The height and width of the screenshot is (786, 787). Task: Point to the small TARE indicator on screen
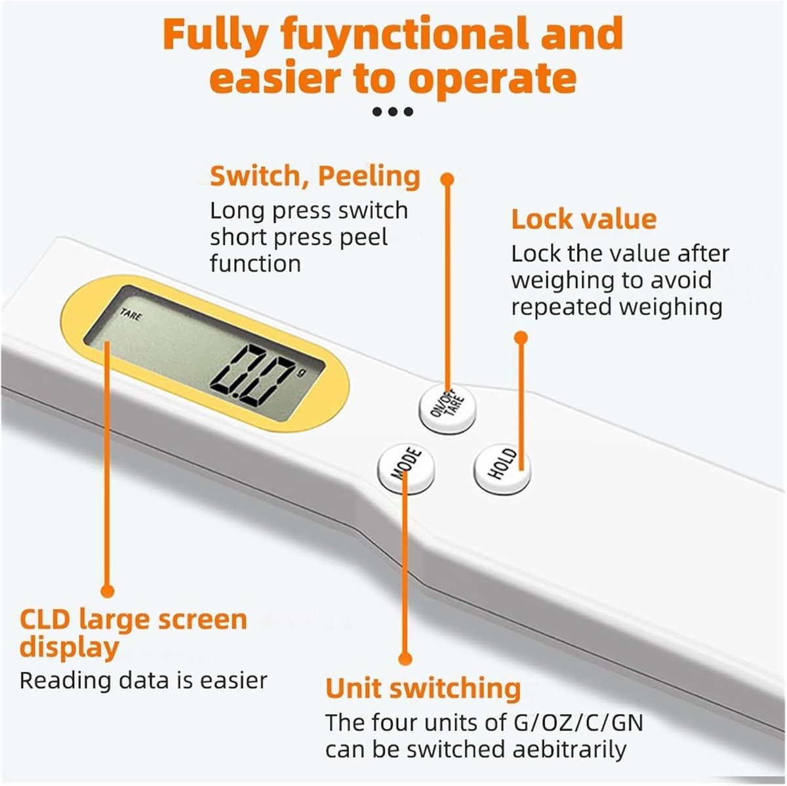(131, 315)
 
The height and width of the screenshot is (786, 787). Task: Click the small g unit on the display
(302, 372)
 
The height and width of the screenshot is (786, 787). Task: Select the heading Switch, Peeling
(315, 176)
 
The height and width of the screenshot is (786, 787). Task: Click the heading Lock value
(584, 220)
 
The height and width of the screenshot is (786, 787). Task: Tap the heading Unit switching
(423, 688)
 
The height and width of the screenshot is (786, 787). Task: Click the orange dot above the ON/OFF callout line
(448, 179)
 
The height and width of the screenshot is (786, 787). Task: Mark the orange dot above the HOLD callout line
(521, 338)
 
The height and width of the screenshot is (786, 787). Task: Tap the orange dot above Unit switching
(405, 658)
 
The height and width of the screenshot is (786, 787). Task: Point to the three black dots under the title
(393, 111)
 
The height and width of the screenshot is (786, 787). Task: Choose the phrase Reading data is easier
(144, 680)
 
